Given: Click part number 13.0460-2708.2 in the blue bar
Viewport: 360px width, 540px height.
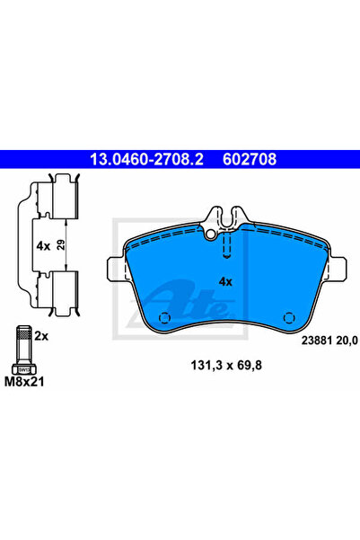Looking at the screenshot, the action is [x=146, y=159].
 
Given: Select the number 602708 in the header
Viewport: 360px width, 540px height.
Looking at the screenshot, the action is [x=250, y=159].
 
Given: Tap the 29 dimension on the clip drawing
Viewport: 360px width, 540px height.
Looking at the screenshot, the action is [x=60, y=245].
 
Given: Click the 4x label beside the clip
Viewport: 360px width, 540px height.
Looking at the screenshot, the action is [x=43, y=246].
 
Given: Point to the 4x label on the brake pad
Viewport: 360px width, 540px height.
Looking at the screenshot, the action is [x=225, y=282].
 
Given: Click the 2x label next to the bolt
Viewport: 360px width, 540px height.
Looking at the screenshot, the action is [x=41, y=336].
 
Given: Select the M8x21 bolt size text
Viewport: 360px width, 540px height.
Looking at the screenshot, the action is [x=24, y=382].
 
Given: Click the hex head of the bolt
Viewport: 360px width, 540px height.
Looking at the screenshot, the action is [x=23, y=369].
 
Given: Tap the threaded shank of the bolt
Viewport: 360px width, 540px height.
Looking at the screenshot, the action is [x=23, y=344].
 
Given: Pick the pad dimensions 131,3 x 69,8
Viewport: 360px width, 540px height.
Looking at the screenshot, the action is [x=226, y=366].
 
